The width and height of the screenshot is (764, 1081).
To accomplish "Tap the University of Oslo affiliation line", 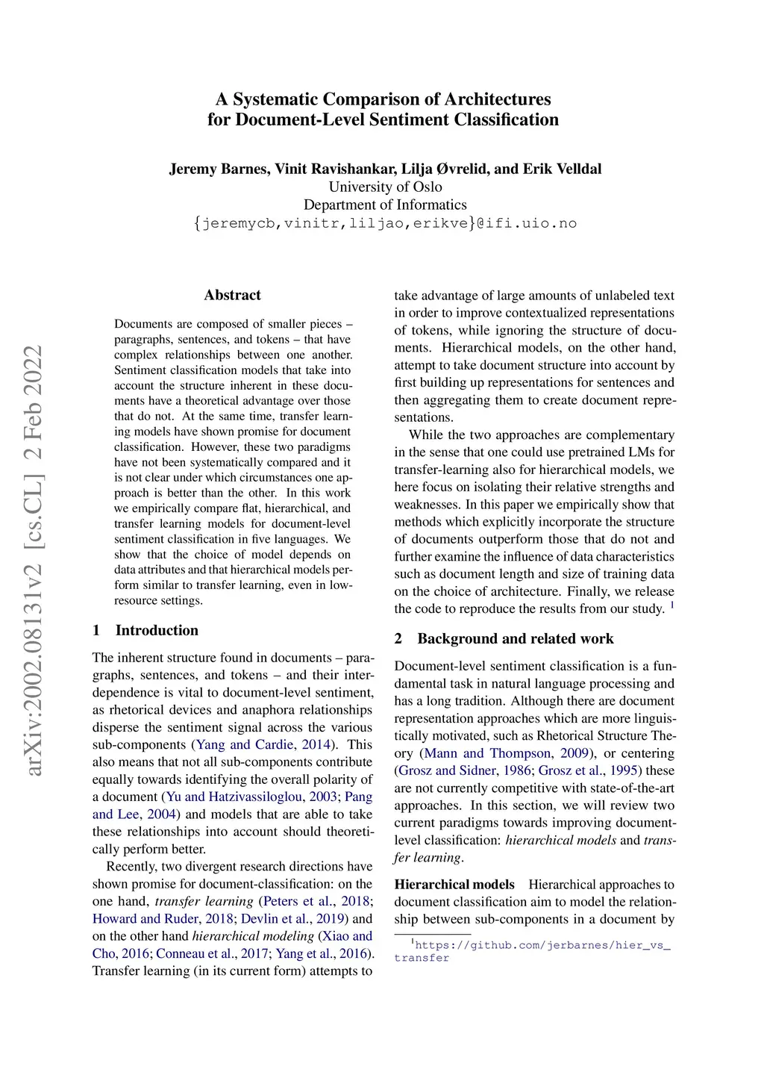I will [x=385, y=187].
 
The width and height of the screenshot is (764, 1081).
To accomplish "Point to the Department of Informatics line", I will [x=385, y=205].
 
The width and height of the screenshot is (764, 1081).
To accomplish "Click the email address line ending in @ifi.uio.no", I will [x=385, y=223].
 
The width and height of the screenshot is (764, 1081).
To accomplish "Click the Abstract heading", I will [x=232, y=295].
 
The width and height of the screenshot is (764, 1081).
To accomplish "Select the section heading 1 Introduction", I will [x=145, y=630].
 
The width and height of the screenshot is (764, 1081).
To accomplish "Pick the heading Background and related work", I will [x=515, y=638].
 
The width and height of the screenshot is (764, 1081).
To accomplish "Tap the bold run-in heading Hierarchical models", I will [x=454, y=885].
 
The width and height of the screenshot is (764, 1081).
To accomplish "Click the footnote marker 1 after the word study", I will [x=672, y=605].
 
